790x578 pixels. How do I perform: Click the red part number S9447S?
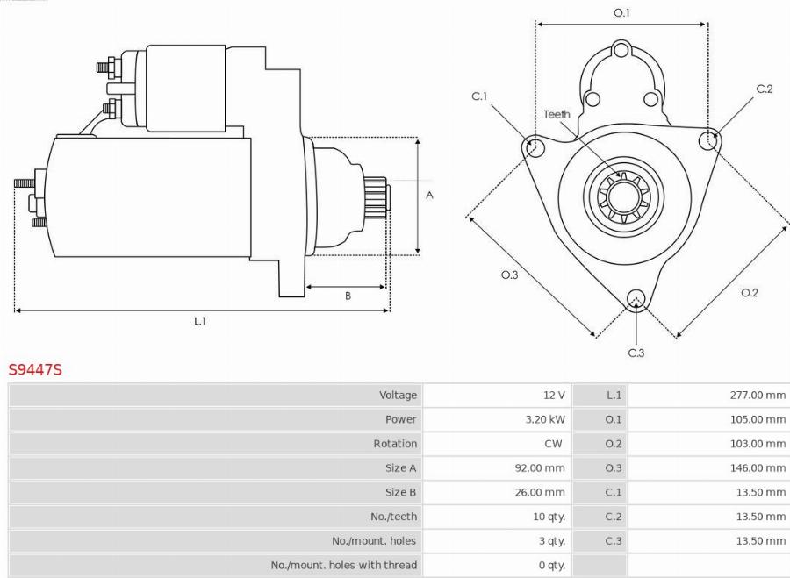pyautogui.click(x=35, y=370)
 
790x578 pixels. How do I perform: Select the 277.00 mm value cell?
pyautogui.click(x=758, y=396)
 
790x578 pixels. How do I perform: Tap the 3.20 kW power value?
pyautogui.click(x=544, y=419)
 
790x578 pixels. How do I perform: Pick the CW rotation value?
pyautogui.click(x=553, y=444)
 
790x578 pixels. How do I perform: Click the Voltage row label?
pyautogui.click(x=398, y=396)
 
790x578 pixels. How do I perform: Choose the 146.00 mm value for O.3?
pyautogui.click(x=758, y=468)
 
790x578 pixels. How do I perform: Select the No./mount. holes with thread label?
pyautogui.click(x=343, y=565)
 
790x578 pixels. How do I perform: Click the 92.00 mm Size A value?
pyautogui.click(x=540, y=468)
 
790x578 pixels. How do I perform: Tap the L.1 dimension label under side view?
pyautogui.click(x=199, y=322)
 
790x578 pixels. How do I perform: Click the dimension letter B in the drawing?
pyautogui.click(x=348, y=296)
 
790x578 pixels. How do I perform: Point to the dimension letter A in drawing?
pyautogui.click(x=429, y=196)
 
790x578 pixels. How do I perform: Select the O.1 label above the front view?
pyautogui.click(x=621, y=13)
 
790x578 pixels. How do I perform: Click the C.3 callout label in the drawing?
pyautogui.click(x=636, y=353)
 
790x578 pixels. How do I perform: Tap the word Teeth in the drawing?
pyautogui.click(x=557, y=114)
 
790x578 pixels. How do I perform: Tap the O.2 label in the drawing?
pyautogui.click(x=749, y=293)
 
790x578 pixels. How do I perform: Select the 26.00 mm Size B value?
pyautogui.click(x=540, y=492)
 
